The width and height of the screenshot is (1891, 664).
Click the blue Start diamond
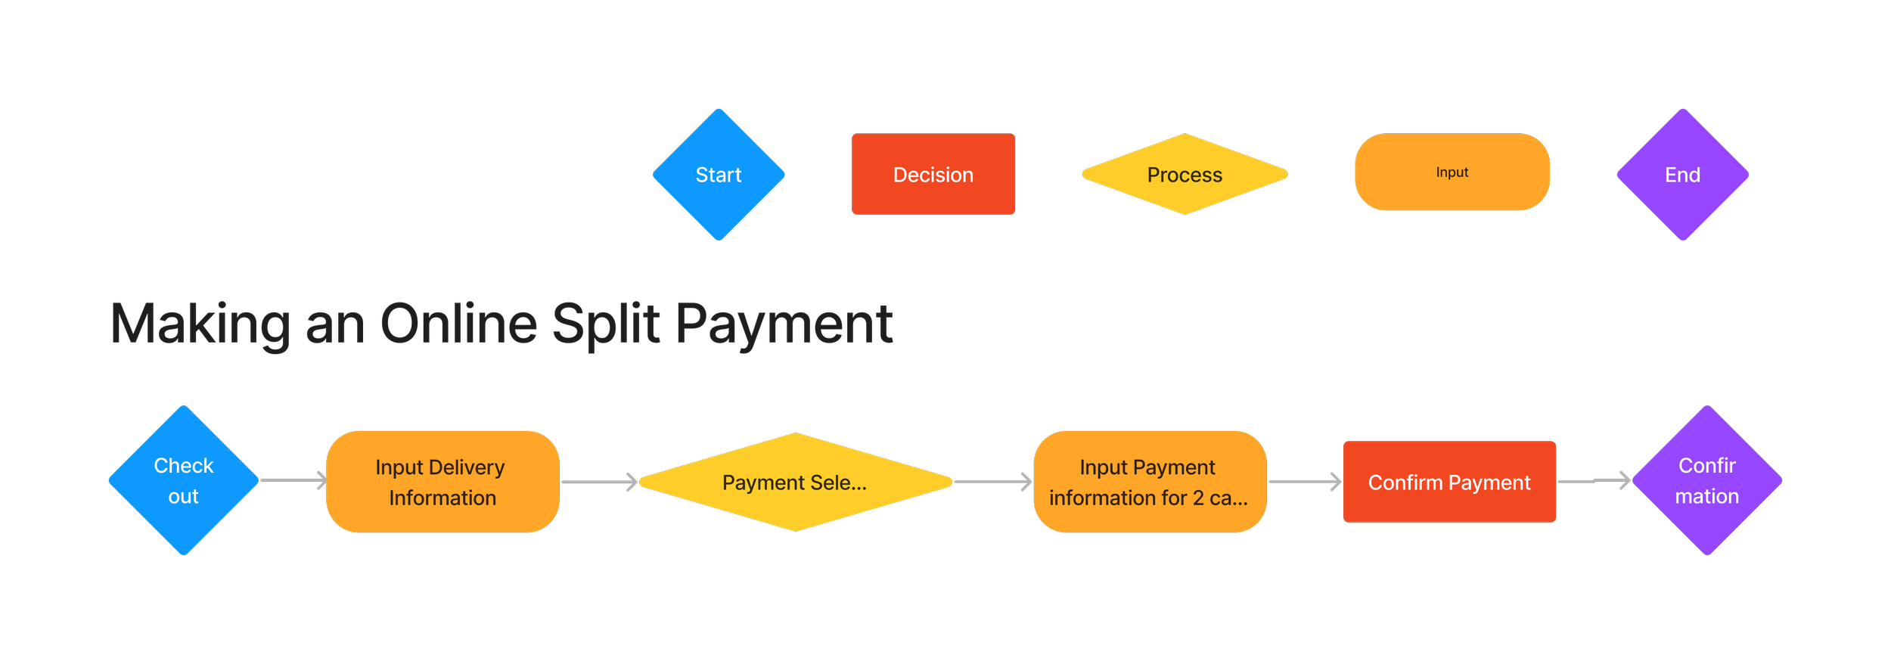pos(719,175)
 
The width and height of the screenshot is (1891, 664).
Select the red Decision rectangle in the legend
pos(933,175)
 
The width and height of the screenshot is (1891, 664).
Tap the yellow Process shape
pos(1185,175)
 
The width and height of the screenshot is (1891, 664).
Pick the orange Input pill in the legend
pos(1452,172)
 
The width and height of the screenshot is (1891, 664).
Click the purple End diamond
pos(1682,175)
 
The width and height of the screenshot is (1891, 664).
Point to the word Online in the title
pos(458,324)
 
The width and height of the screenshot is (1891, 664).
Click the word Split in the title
pos(606,324)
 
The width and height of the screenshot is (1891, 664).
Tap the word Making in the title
pos(200,324)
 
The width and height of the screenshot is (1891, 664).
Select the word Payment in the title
pos(784,324)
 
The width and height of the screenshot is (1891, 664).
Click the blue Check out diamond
pos(184,481)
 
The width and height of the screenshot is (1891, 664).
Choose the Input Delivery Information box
pos(442,482)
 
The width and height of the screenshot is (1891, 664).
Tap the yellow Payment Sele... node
pos(795,482)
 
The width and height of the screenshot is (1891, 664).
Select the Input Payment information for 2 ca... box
pos(1149,482)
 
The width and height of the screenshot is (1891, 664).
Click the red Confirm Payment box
pos(1449,482)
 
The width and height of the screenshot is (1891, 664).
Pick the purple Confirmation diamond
pos(1706,481)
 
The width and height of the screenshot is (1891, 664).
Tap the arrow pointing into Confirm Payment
pos(1304,482)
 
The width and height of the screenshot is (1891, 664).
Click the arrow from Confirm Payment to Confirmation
pos(1593,481)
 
